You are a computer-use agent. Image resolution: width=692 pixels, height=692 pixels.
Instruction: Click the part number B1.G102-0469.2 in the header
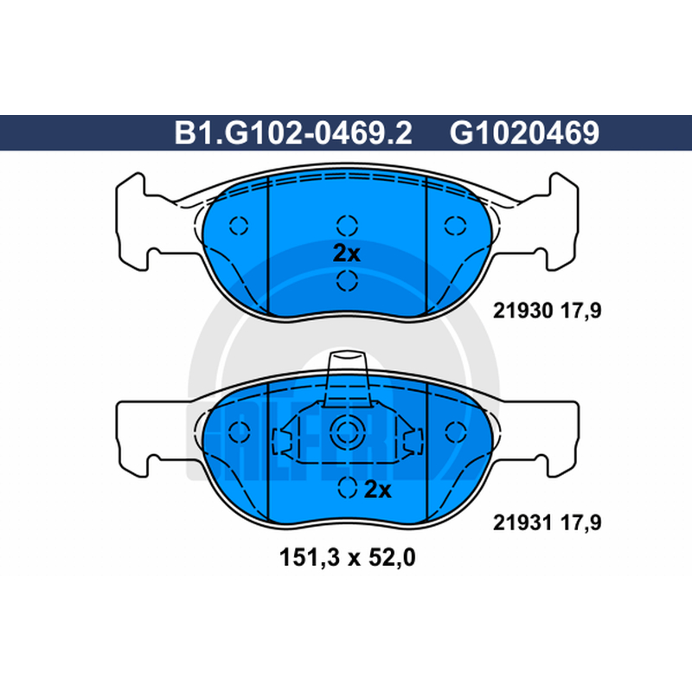293,133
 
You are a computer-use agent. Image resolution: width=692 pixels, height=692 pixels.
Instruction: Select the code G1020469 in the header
524,133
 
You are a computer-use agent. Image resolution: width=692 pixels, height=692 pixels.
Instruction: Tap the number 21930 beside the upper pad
522,311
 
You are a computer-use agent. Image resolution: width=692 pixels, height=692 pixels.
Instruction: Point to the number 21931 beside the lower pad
522,522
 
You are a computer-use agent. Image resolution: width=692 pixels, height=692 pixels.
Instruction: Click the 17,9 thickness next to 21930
580,311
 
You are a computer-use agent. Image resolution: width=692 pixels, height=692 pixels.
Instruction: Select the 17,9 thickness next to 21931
580,523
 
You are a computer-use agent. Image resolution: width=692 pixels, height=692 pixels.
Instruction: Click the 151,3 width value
310,558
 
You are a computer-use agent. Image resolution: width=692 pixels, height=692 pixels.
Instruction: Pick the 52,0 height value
392,558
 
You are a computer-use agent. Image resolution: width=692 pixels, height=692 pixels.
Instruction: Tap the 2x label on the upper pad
347,253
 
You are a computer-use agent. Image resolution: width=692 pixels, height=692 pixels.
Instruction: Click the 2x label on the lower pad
378,490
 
